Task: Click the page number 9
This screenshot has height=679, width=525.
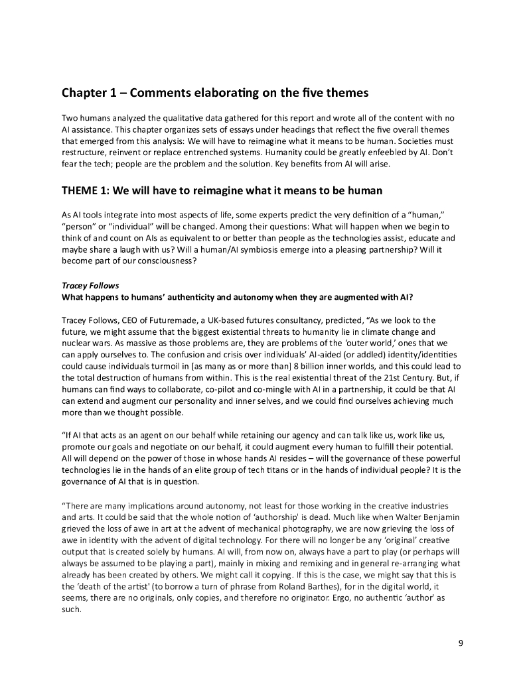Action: [x=461, y=643]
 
